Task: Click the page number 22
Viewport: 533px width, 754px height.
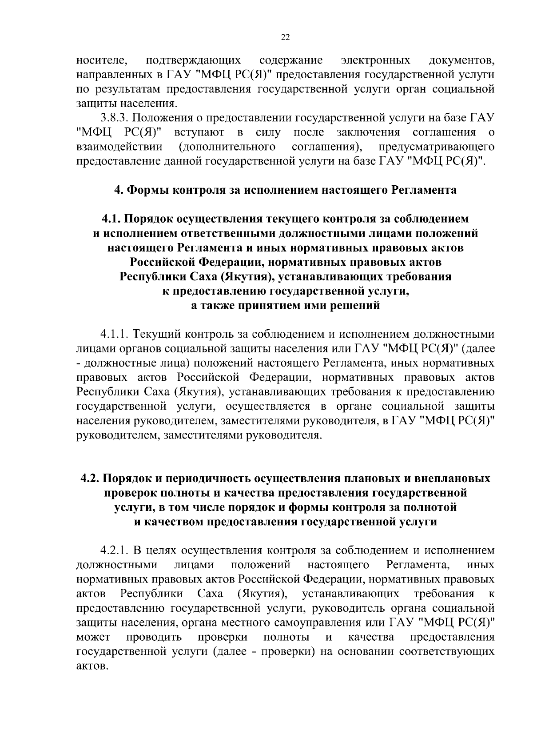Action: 285,38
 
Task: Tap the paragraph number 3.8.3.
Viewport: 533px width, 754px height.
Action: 114,118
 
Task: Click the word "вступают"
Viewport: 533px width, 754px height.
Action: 199,132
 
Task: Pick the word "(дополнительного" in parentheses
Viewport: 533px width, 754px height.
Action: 227,147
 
